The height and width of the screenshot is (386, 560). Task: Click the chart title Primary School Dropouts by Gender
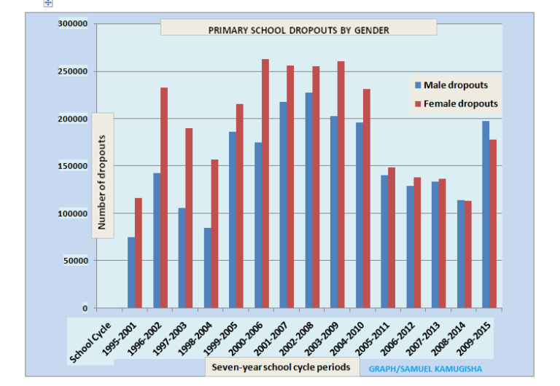(x=298, y=30)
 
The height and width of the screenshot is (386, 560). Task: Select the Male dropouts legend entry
(x=455, y=85)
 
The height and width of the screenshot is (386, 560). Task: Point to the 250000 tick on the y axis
(x=73, y=71)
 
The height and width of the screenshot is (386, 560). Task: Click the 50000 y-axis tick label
(x=75, y=261)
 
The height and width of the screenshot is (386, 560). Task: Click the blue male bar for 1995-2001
(x=131, y=272)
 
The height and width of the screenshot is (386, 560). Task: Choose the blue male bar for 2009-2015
(x=486, y=214)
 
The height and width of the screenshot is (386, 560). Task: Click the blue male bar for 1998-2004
(x=208, y=268)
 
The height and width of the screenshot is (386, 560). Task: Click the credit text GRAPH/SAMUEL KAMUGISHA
(x=425, y=369)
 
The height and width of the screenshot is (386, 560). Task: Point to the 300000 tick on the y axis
(x=73, y=24)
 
